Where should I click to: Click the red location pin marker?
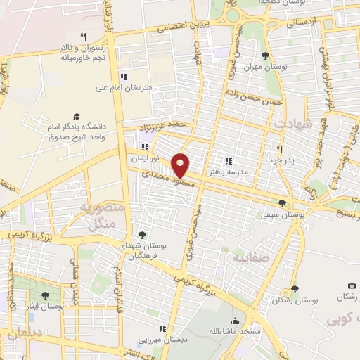tap(181, 165)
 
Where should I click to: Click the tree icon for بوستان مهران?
tap(264, 56)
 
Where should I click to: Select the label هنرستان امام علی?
tap(124, 89)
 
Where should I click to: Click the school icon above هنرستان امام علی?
tap(124, 77)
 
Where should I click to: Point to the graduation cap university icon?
tap(77, 117)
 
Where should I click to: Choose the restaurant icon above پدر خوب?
tap(280, 148)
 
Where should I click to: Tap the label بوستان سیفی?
tap(282, 215)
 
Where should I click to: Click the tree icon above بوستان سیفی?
tap(282, 202)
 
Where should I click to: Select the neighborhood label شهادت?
tap(291, 123)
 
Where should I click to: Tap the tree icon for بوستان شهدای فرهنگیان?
tap(143, 234)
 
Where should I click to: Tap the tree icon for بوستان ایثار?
tap(46, 295)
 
